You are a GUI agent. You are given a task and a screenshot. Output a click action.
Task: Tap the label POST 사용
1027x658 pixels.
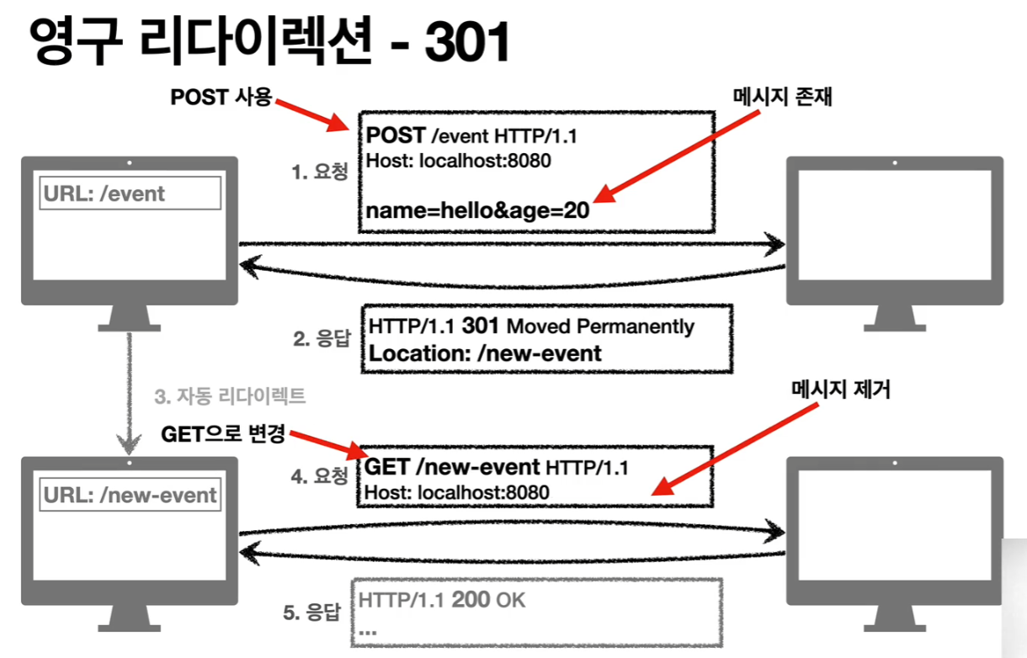(x=221, y=98)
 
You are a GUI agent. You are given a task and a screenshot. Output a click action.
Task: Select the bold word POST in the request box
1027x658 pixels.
(x=396, y=136)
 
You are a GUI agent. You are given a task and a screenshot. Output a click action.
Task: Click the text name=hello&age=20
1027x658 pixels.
(x=477, y=210)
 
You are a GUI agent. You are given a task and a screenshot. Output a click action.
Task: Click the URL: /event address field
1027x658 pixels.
(x=130, y=194)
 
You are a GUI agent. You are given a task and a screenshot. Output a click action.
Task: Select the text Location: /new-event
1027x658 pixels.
(x=485, y=353)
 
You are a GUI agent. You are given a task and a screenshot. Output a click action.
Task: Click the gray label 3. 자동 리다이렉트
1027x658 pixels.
(x=230, y=395)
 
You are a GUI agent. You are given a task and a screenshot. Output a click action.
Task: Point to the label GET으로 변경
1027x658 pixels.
(x=223, y=435)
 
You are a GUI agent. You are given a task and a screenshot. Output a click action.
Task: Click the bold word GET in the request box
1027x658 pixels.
(x=387, y=467)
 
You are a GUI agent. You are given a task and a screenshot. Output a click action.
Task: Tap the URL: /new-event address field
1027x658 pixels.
(x=130, y=495)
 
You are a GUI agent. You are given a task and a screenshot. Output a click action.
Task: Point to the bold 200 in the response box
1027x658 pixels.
(x=471, y=601)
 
